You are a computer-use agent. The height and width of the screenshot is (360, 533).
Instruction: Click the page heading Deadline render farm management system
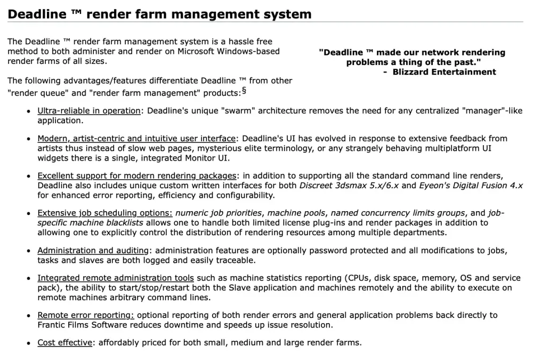coord(159,14)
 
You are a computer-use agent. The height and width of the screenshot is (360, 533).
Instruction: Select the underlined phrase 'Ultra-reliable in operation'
coord(88,111)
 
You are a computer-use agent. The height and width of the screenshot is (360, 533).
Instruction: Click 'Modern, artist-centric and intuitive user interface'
coord(136,139)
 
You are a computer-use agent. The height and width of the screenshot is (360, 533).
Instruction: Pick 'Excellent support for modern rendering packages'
coord(136,175)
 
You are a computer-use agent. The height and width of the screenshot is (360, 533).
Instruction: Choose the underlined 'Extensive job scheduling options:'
coord(104,213)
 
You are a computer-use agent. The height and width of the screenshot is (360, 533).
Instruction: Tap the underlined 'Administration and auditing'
coord(93,250)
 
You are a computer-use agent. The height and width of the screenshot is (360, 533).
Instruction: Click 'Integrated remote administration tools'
coord(116,278)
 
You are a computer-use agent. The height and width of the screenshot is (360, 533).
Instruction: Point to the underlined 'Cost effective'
coord(64,343)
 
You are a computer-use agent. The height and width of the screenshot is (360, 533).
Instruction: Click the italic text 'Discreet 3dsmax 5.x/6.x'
coord(349,186)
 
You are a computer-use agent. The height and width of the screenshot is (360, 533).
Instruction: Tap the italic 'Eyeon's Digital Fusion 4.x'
coord(471,186)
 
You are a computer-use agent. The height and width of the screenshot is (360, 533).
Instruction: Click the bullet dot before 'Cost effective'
coord(28,343)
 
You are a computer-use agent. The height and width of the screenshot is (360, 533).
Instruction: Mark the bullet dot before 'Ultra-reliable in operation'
coord(28,111)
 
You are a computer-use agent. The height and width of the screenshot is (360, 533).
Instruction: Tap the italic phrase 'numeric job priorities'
coord(219,213)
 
